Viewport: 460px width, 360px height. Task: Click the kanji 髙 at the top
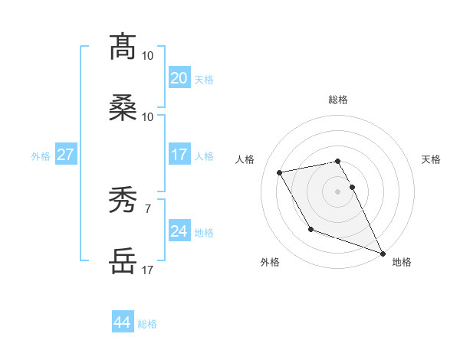(123, 47)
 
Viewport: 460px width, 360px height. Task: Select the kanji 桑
(123, 108)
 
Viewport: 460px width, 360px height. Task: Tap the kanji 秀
(123, 201)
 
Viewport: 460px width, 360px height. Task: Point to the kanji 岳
(123, 261)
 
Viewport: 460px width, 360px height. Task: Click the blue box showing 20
(179, 78)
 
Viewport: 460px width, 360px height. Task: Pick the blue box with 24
(179, 231)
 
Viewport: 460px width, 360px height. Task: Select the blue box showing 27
(65, 155)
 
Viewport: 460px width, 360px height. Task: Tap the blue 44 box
(122, 322)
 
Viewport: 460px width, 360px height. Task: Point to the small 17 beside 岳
(147, 270)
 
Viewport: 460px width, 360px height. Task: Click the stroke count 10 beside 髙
(147, 56)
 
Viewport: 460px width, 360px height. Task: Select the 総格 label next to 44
(147, 324)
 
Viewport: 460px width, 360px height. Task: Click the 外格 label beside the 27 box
(41, 155)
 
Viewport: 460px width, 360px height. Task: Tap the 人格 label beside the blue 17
(204, 155)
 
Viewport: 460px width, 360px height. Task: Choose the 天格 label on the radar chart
(432, 159)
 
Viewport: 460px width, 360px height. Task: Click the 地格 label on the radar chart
(402, 262)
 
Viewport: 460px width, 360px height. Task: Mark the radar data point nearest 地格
(383, 254)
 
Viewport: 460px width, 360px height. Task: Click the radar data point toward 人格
(280, 172)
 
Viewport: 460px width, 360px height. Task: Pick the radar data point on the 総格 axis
(337, 161)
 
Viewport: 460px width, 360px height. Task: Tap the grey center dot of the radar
(337, 191)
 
